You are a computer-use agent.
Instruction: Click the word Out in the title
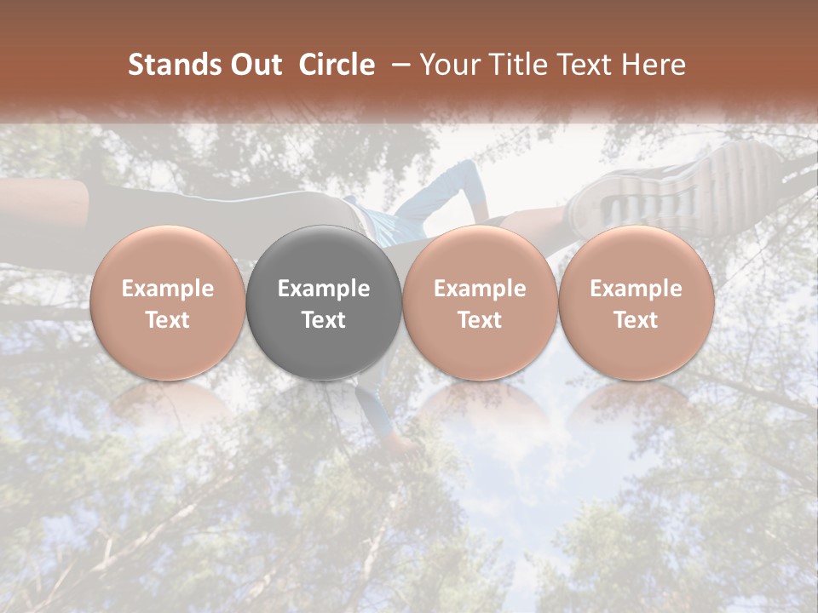253,65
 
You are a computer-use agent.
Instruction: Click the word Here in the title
654,65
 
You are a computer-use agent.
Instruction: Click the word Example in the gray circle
324,289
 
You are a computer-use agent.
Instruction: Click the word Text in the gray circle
324,320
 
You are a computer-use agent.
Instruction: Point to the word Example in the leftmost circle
168,289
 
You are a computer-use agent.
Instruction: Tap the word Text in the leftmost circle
168,320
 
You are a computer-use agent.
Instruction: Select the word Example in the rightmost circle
636,289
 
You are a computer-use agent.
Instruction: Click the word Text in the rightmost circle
636,320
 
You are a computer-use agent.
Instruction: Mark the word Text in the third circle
480,320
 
